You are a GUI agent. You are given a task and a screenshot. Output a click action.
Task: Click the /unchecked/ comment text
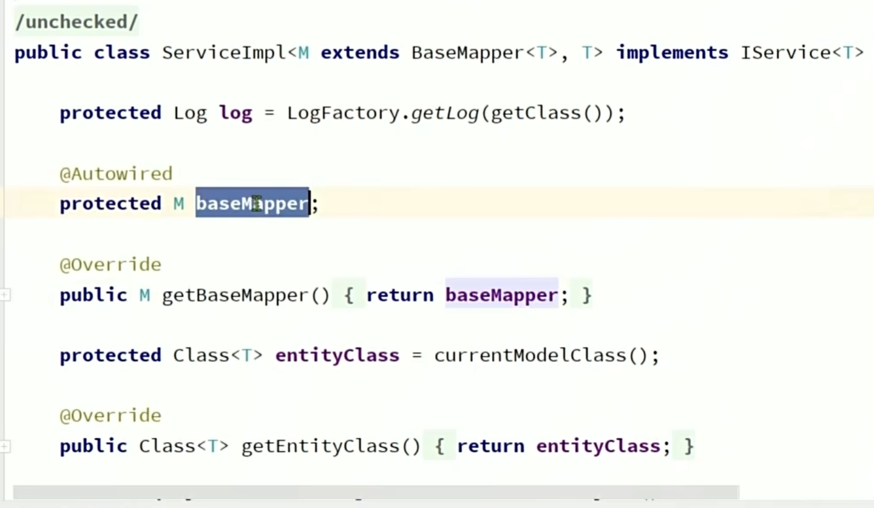(x=76, y=22)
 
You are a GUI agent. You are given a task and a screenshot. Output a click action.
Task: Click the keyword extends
(x=360, y=53)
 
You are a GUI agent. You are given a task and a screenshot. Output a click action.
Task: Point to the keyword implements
(x=672, y=53)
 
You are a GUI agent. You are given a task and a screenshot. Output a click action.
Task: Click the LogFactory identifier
(x=343, y=113)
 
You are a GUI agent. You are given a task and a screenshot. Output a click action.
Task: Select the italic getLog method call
(x=445, y=113)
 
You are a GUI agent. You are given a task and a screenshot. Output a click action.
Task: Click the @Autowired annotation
(x=116, y=174)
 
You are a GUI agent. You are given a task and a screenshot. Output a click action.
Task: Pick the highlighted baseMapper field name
(x=252, y=204)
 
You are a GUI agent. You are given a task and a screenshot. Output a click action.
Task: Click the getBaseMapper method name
(x=236, y=296)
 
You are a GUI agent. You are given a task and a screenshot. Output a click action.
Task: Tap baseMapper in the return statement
(x=501, y=296)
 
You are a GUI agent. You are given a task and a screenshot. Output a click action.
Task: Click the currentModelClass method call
(x=530, y=356)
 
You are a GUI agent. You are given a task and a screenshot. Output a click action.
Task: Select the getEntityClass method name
(x=321, y=447)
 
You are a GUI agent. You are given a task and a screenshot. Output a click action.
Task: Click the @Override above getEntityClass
(x=110, y=416)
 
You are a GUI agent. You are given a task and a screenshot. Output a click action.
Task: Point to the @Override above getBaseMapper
(x=110, y=265)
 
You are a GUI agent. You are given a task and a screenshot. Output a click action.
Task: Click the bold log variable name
(x=236, y=113)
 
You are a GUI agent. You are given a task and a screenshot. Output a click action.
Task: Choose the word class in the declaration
(x=122, y=53)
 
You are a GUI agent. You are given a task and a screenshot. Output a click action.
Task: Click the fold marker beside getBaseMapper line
(x=5, y=296)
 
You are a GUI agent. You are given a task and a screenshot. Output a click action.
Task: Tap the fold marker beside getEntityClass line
(x=5, y=447)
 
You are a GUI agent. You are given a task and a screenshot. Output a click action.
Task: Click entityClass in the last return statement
(x=598, y=447)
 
